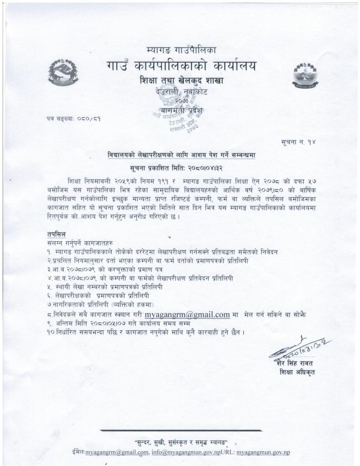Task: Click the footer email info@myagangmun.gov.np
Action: [187, 453]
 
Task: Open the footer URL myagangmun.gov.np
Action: [264, 453]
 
